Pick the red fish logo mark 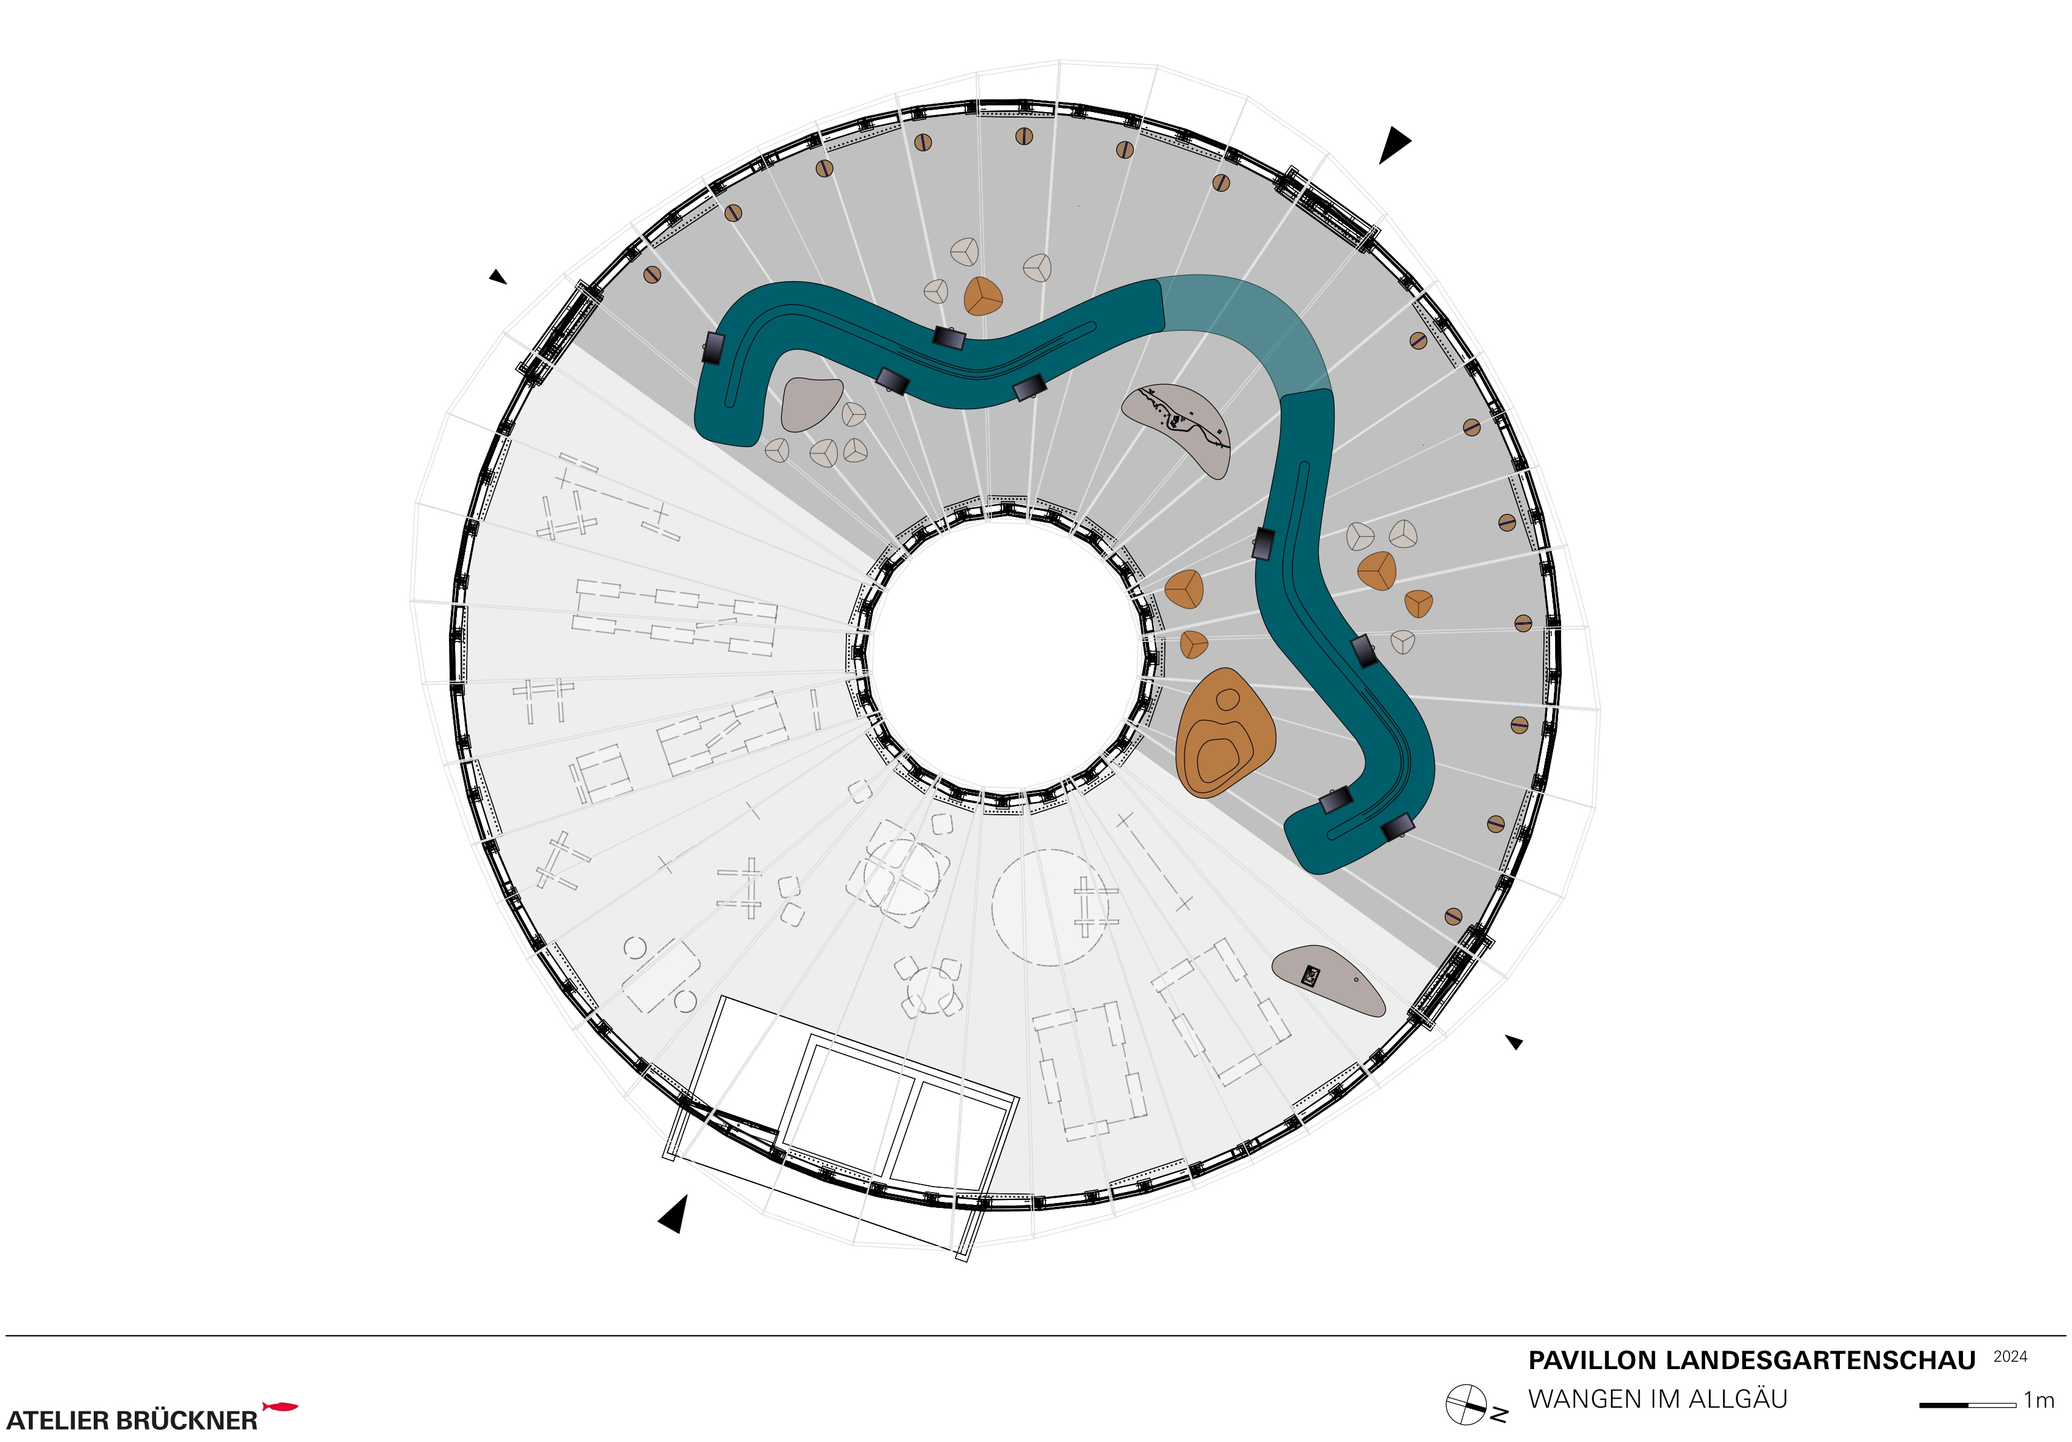coord(280,1406)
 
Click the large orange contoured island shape coord(1224,733)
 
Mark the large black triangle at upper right coord(1393,145)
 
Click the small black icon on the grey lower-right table coord(1310,975)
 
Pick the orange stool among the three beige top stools coord(983,295)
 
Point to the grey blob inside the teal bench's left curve coord(812,402)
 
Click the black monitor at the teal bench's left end coord(713,347)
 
